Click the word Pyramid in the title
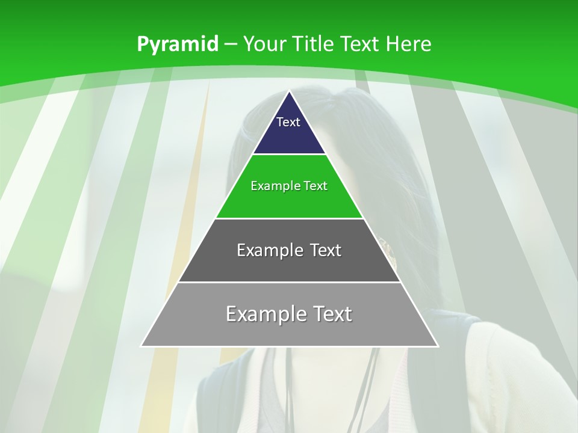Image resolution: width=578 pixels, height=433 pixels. point(178,45)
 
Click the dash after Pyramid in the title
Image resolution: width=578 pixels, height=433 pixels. point(231,45)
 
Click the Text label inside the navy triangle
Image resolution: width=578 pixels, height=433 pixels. point(288,122)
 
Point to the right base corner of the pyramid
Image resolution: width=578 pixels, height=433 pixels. point(437,345)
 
